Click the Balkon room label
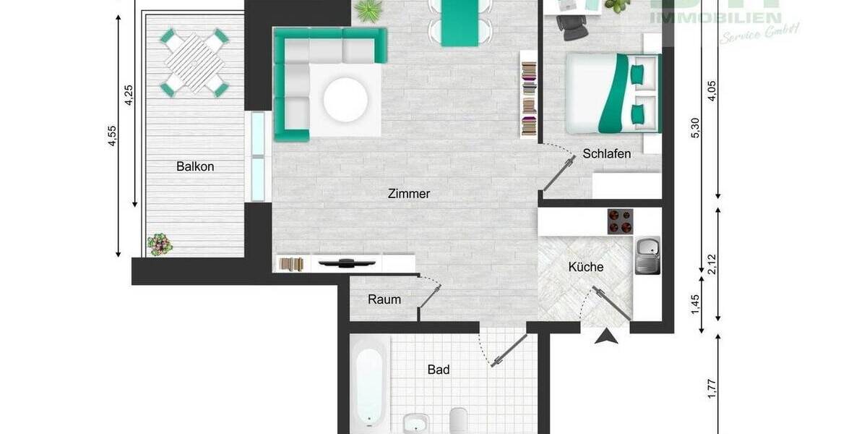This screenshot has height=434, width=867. pyautogui.click(x=195, y=166)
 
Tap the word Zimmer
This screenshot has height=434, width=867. pyautogui.click(x=409, y=194)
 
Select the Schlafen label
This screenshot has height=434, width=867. pyautogui.click(x=607, y=154)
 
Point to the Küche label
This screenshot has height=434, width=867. pyautogui.click(x=585, y=267)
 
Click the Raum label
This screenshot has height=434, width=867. pyautogui.click(x=384, y=299)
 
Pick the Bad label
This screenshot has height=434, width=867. pyautogui.click(x=439, y=370)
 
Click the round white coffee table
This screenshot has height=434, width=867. pyautogui.click(x=345, y=100)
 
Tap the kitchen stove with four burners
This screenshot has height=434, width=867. pyautogui.click(x=620, y=221)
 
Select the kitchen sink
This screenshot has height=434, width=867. pyautogui.click(x=647, y=255)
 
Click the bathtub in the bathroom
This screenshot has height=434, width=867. pyautogui.click(x=369, y=383)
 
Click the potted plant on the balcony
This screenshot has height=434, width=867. pyautogui.click(x=159, y=244)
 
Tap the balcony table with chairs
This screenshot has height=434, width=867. pyautogui.click(x=194, y=62)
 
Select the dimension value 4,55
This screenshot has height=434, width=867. pyautogui.click(x=112, y=136)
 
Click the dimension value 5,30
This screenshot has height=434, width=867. pyautogui.click(x=696, y=127)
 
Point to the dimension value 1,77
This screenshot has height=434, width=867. pyautogui.click(x=712, y=388)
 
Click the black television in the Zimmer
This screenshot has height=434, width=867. pyautogui.click(x=344, y=263)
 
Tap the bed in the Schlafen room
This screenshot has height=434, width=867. pyautogui.click(x=613, y=93)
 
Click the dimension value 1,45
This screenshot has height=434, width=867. pyautogui.click(x=695, y=302)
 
